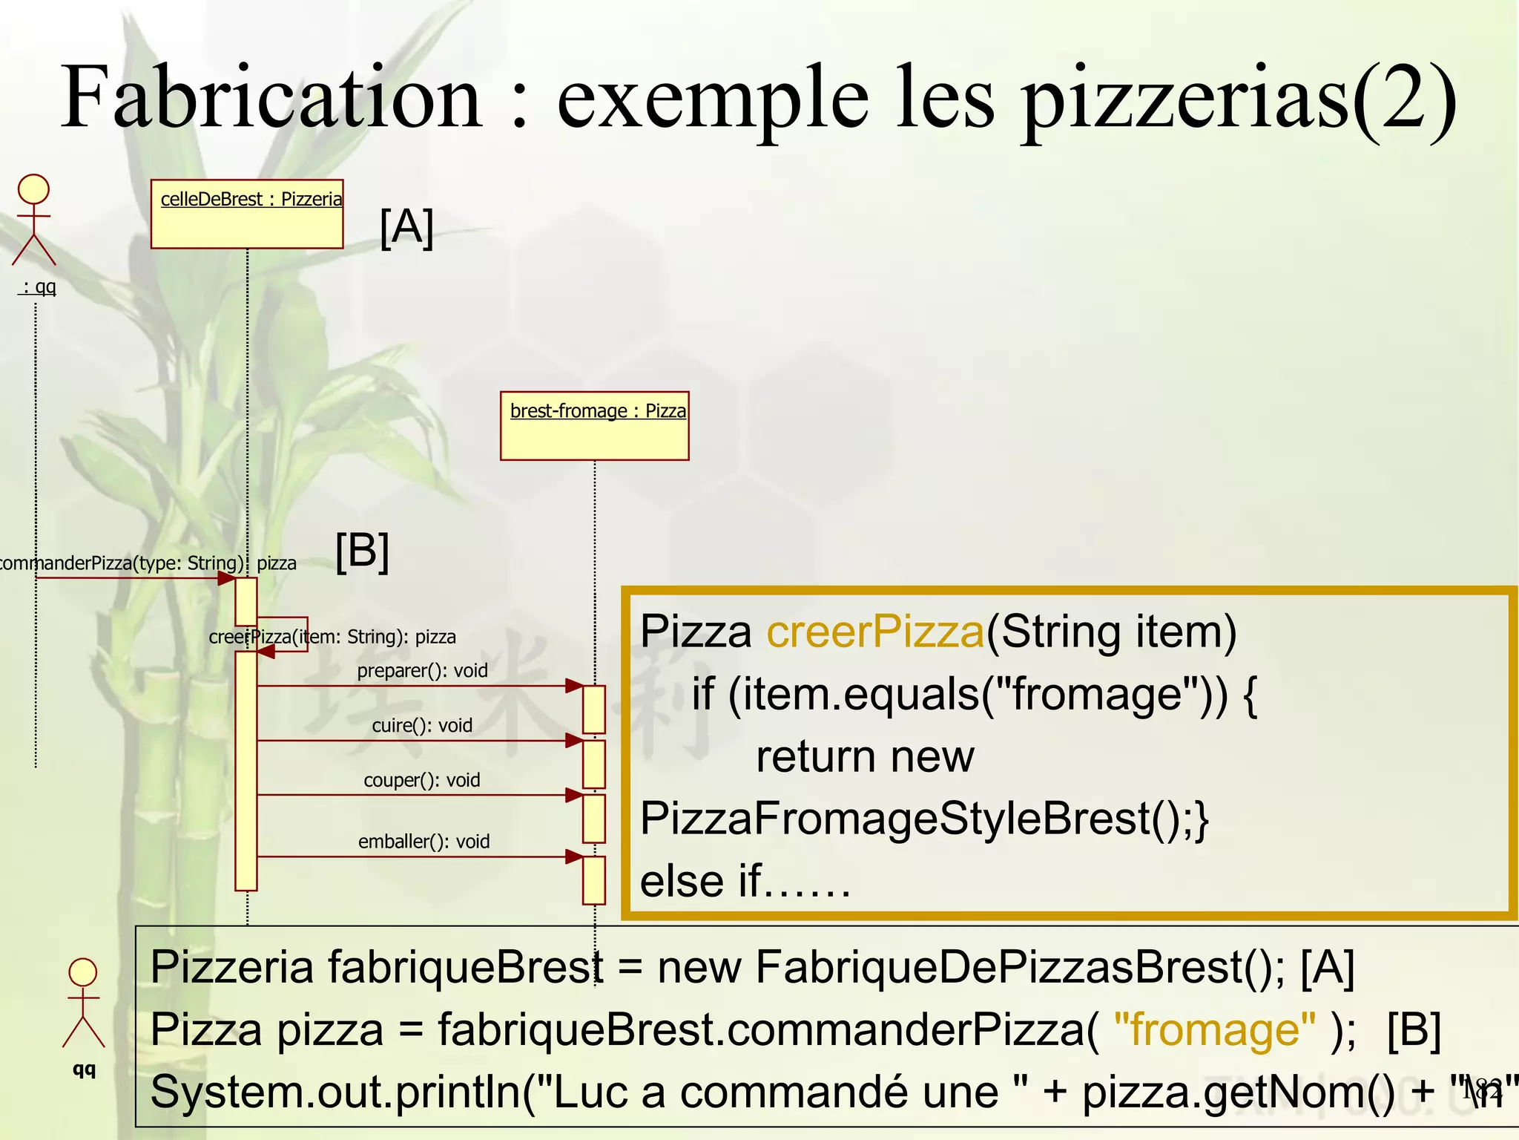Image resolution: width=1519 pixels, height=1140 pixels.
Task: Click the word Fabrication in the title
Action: (x=271, y=98)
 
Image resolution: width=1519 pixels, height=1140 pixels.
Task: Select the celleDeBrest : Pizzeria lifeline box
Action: (x=247, y=214)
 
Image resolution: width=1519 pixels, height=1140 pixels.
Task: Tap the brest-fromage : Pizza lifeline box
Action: (x=595, y=425)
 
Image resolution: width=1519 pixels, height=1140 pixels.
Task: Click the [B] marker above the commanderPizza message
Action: (x=362, y=551)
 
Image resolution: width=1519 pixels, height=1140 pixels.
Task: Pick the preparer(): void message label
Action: (x=422, y=671)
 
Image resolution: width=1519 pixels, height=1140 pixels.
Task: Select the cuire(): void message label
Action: (x=422, y=725)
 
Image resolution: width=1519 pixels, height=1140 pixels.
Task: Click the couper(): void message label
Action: (x=422, y=780)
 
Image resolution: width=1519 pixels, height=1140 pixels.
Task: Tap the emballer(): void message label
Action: (x=424, y=842)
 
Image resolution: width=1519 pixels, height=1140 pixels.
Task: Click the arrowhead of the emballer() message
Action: (x=574, y=856)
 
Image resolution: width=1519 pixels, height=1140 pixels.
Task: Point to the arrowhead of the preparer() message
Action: (x=574, y=686)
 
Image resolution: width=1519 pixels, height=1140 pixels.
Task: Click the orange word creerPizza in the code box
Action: (x=875, y=632)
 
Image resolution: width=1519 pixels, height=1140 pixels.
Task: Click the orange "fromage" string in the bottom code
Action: (x=1215, y=1030)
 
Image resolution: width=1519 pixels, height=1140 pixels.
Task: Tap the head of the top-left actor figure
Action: (x=34, y=189)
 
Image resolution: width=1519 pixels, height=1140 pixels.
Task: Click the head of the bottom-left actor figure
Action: (x=82, y=972)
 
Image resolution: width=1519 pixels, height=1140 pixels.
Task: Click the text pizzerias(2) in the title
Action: (x=1239, y=99)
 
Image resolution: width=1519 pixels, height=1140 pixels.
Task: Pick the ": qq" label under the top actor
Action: (x=38, y=286)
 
